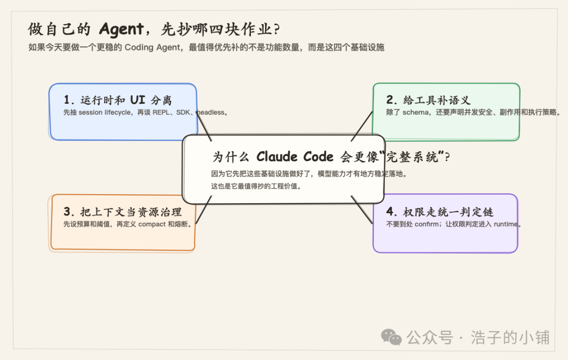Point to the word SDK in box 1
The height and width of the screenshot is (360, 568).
click(x=184, y=112)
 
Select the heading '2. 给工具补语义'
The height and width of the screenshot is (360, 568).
click(x=428, y=100)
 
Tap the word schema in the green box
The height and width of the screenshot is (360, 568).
click(x=416, y=112)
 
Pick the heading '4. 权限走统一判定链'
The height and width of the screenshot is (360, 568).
click(x=440, y=212)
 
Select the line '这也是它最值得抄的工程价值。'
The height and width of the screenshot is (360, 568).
click(x=256, y=186)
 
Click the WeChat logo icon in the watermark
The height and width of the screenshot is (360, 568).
click(x=392, y=337)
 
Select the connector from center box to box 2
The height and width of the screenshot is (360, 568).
click(x=362, y=127)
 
